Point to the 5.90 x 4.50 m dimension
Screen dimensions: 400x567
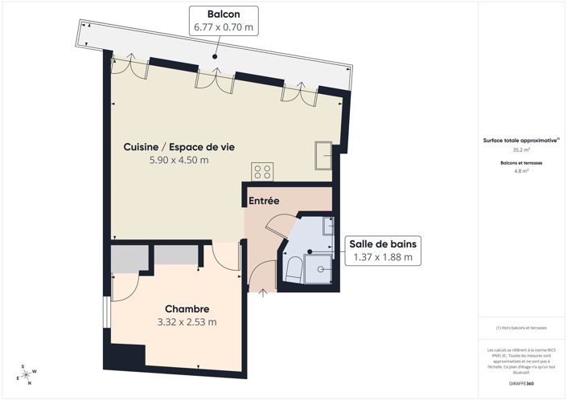[179, 161]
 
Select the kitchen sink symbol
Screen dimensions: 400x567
[323, 156]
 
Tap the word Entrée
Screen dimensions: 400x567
[264, 201]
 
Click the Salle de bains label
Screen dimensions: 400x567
[383, 243]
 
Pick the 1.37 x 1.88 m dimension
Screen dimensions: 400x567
[383, 258]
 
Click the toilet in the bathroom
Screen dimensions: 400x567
[292, 271]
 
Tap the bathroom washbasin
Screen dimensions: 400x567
[328, 227]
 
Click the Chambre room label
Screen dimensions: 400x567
[187, 308]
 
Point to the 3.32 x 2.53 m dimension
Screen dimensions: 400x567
[187, 322]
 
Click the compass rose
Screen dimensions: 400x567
[27, 373]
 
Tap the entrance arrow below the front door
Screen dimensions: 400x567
[265, 292]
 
